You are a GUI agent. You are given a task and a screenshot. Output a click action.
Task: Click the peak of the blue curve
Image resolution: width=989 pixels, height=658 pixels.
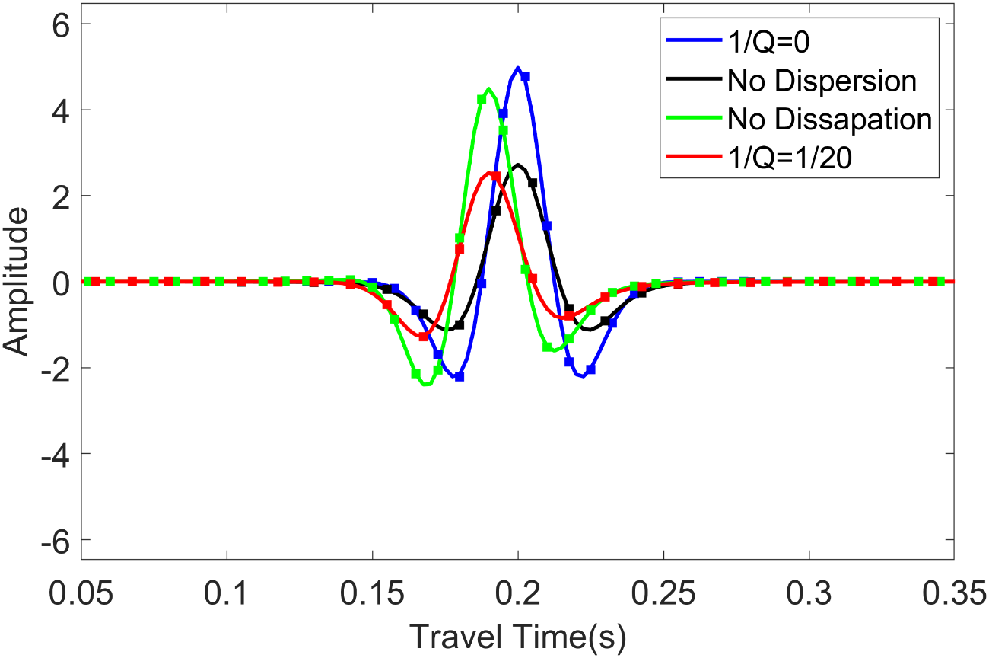(517, 68)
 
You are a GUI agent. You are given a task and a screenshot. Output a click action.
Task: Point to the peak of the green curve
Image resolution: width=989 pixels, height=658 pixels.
(488, 88)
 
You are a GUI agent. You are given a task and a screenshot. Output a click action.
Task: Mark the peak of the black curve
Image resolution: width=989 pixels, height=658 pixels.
(517, 164)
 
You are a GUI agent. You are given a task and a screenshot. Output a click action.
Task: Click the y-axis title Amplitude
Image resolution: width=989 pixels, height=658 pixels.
(17, 282)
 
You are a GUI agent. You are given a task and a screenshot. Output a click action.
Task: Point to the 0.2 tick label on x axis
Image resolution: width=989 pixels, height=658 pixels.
(517, 593)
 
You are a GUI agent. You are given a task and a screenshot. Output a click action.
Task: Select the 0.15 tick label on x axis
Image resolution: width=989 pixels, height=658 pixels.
(372, 593)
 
